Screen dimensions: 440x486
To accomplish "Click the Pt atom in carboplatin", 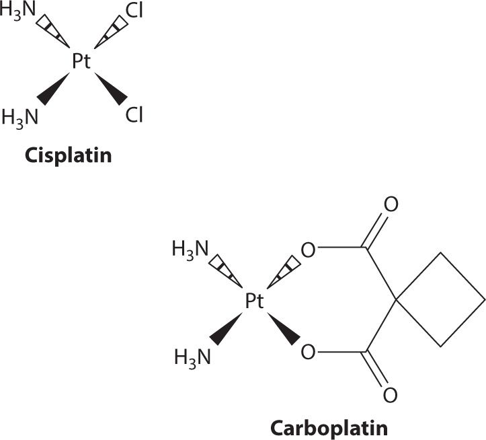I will point(254,302).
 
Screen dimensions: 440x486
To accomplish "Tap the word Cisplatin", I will point(67,156).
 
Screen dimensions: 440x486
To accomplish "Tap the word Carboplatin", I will point(329,427).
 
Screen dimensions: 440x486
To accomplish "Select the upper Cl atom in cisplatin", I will point(134,13).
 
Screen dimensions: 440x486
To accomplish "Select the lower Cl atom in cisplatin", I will point(134,116).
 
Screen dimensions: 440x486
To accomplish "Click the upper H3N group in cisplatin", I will point(19,13).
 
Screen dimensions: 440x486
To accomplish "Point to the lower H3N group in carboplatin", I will point(193,355).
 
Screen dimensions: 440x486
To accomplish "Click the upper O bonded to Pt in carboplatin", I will point(308,250).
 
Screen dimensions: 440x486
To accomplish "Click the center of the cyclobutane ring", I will point(440,300).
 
